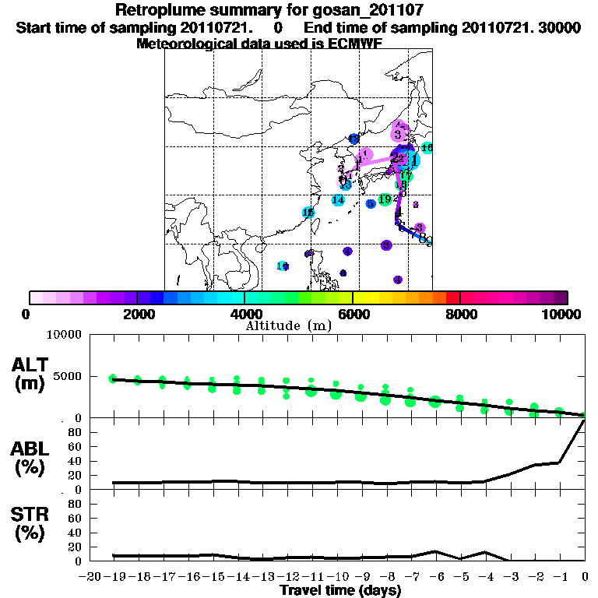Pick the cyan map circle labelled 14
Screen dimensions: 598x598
coord(338,200)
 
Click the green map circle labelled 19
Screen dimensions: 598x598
coord(385,200)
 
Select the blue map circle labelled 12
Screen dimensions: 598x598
coord(354,139)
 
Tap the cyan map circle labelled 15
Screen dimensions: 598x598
coord(308,213)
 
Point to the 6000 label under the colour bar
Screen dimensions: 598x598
coord(353,314)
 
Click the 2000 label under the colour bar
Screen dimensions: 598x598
coord(137,314)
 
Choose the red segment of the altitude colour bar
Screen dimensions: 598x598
coord(453,297)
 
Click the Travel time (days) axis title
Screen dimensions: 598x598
coord(340,591)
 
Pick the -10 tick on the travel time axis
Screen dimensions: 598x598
coord(336,577)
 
